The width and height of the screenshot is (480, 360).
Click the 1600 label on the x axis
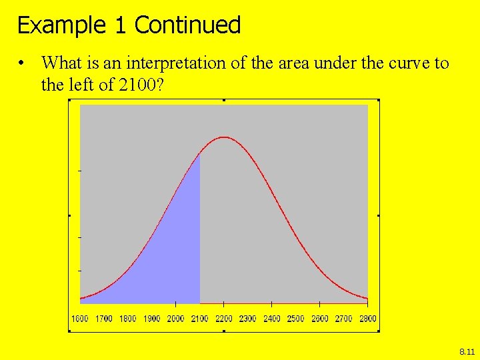[80, 319]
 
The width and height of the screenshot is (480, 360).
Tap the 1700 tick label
[104, 319]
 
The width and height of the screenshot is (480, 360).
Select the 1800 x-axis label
[128, 319]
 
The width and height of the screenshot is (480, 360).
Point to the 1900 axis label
[152, 319]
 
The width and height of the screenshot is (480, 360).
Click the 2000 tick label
[176, 319]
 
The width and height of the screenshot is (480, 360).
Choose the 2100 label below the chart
[200, 319]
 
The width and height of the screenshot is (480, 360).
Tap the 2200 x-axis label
[224, 319]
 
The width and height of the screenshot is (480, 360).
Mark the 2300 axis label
[248, 319]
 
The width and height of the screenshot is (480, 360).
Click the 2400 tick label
[272, 319]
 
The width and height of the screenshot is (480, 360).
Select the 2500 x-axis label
[296, 319]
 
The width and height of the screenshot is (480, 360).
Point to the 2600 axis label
[320, 319]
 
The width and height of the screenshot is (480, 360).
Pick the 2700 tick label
[344, 319]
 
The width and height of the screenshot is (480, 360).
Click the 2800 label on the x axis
[368, 319]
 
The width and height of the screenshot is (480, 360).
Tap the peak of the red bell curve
[225, 137]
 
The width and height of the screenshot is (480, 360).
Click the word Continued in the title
[187, 25]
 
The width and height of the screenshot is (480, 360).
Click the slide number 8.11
[467, 351]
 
